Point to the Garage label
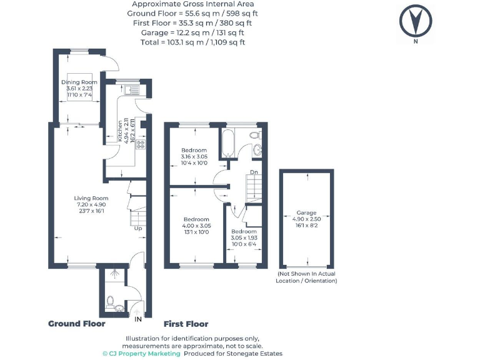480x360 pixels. tap(306, 212)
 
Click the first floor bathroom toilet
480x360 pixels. tap(255, 135)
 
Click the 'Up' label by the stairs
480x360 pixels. tap(138, 228)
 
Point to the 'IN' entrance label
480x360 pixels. tap(138, 319)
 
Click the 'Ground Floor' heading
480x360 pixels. tap(77, 324)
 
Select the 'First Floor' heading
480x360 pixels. tap(186, 324)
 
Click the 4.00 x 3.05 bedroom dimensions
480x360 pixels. tap(197, 226)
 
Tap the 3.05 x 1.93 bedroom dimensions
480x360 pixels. tap(244, 238)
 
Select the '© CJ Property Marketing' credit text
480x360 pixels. tap(142, 353)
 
